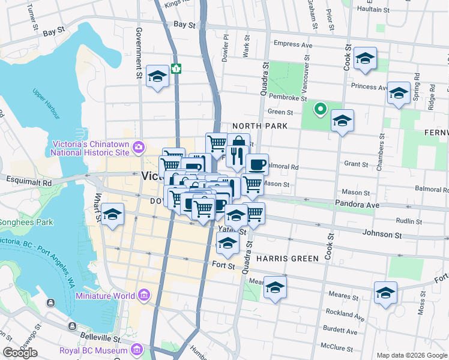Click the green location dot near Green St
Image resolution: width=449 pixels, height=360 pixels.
coord(321,109)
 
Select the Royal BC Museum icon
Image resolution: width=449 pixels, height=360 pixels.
coord(137,349)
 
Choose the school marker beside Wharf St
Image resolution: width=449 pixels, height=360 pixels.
coord(112,214)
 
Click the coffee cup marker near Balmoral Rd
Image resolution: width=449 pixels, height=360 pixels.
coord(257,164)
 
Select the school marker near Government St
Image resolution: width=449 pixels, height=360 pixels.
coord(157,76)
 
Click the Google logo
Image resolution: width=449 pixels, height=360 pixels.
coord(20,353)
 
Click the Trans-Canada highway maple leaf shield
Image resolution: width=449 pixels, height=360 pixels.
coord(176,68)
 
